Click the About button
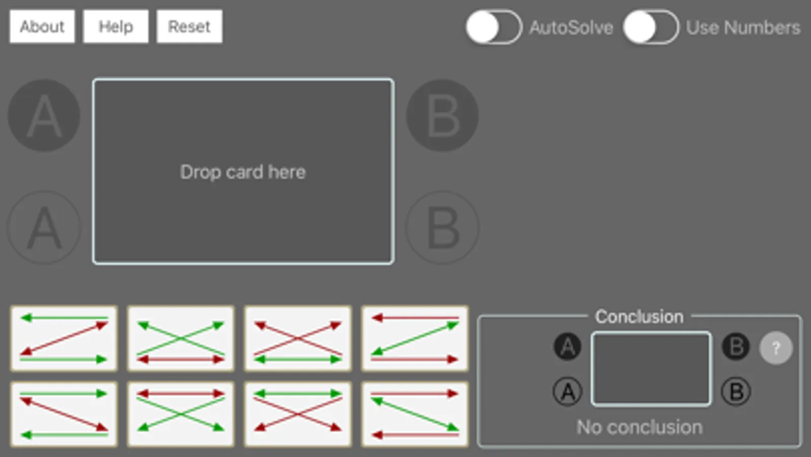point(42,26)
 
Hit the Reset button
point(189,26)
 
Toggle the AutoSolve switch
point(494,27)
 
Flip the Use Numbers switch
point(651,27)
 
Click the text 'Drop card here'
point(243,172)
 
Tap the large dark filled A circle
point(44,115)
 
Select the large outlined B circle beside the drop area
point(442,227)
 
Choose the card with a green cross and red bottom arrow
point(181,339)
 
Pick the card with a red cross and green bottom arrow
point(298,339)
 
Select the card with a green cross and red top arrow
point(181,414)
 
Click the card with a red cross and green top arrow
point(298,414)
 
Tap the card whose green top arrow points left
point(64,339)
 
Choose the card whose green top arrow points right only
point(64,414)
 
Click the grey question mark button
point(776,348)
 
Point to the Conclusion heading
point(640,317)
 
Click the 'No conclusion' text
point(640,427)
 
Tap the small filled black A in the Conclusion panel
point(568,346)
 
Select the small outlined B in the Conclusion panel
point(736,391)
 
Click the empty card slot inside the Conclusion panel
point(651,369)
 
